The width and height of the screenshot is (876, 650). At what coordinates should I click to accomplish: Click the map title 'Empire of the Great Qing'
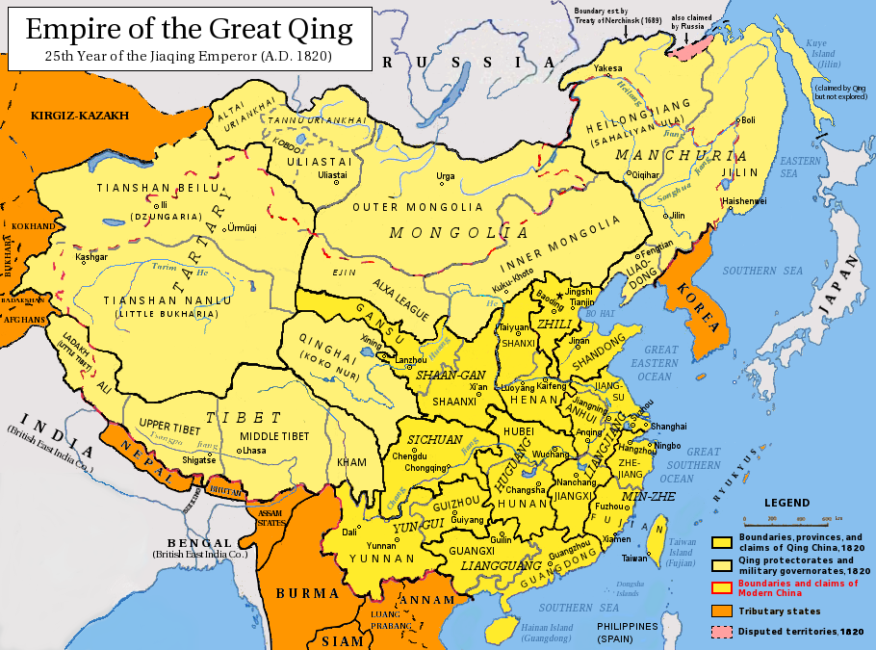[x=189, y=29]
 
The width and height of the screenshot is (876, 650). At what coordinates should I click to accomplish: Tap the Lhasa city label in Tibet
[x=253, y=451]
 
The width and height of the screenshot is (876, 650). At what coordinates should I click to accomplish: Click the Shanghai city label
[x=668, y=426]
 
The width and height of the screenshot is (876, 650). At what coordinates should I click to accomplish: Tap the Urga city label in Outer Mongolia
[x=446, y=176]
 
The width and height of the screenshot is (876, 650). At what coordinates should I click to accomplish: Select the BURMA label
[x=307, y=593]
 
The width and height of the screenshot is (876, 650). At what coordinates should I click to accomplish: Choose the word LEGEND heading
[x=787, y=503]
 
